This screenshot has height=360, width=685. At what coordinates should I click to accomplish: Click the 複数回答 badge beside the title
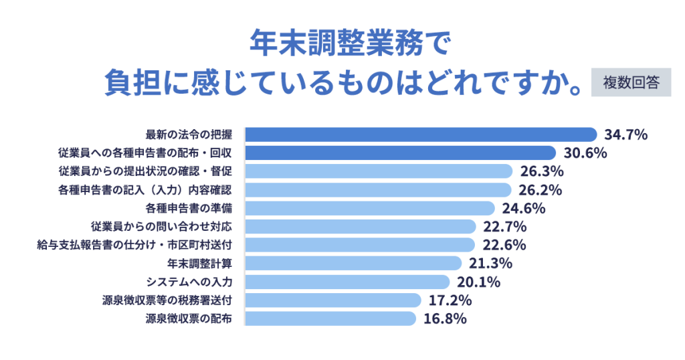(x=631, y=82)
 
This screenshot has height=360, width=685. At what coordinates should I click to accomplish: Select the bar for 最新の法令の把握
(x=421, y=134)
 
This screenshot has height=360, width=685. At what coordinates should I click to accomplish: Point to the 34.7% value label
(x=626, y=134)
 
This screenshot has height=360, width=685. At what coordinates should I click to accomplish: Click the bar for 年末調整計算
(x=353, y=263)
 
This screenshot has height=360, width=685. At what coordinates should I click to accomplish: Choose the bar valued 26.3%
(x=379, y=171)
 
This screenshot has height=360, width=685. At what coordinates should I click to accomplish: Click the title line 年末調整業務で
(x=342, y=44)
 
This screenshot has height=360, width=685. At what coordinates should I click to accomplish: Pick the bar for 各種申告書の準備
(x=370, y=208)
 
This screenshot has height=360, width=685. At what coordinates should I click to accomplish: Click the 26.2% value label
(x=539, y=189)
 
